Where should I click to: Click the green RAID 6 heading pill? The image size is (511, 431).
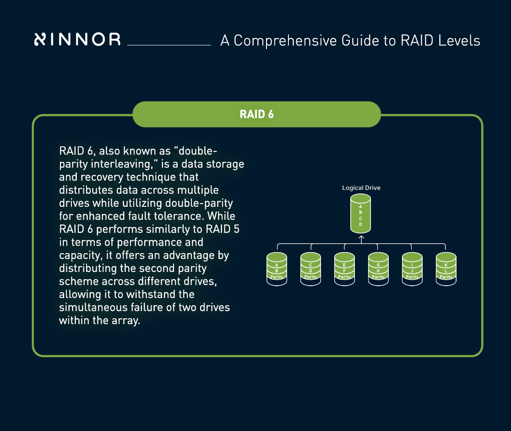coord(256,114)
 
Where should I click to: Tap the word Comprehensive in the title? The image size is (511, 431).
coord(286,40)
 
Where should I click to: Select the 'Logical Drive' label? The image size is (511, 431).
coord(361,188)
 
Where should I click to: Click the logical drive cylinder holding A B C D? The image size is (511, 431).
coord(361,214)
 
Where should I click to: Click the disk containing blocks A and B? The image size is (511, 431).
coord(277,270)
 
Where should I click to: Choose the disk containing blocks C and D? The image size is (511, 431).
coord(310,270)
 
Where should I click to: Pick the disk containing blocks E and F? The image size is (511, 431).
coord(344,270)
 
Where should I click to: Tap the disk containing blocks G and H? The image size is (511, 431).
coord(378,270)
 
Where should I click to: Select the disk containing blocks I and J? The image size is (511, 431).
coord(412,270)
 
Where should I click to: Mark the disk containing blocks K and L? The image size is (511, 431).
coord(446,270)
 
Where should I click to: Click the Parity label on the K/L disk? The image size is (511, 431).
coord(446,277)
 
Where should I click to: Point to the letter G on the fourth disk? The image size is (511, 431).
coord(378,265)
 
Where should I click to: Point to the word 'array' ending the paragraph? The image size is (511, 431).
coord(124,320)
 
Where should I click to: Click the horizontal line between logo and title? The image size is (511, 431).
coord(169,45)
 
